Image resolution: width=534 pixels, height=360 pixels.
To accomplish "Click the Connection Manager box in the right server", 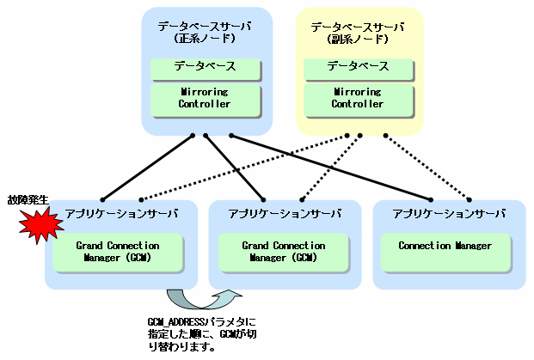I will click(x=445, y=247).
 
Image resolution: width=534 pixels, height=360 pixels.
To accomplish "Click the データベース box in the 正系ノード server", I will click(x=205, y=66).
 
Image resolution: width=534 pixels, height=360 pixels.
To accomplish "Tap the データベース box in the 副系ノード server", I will click(x=359, y=66).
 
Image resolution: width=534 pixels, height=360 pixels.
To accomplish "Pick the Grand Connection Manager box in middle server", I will click(x=283, y=251).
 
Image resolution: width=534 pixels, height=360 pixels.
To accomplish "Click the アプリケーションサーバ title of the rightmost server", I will click(x=448, y=213).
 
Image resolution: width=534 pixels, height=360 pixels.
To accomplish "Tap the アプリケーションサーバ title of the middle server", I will click(x=285, y=213).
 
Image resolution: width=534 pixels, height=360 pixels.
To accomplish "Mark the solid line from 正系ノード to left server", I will click(x=146, y=166).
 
